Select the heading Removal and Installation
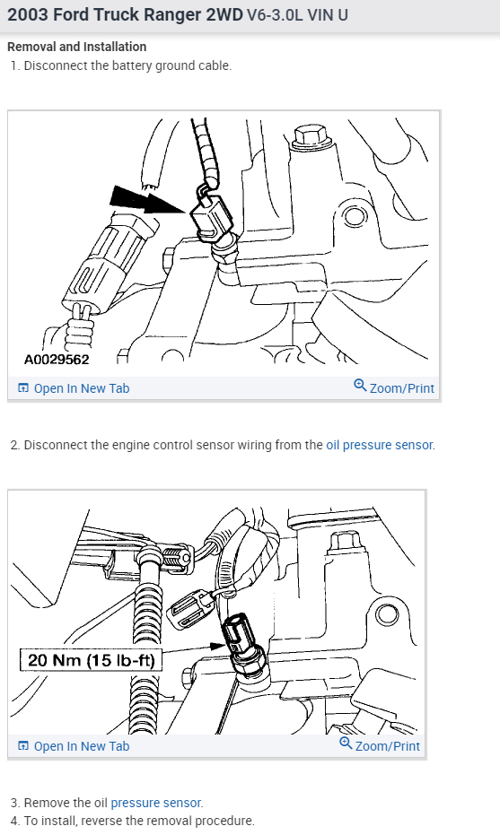76,47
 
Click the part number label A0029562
56,360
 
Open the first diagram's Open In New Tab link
81,388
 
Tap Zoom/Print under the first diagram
401,388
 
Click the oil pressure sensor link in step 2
379,445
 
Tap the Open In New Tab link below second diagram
81,746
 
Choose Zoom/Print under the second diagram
387,746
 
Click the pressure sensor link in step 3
156,803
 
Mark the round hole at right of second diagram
387,615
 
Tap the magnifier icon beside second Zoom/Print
346,744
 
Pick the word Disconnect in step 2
55,445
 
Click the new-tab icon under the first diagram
23,388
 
